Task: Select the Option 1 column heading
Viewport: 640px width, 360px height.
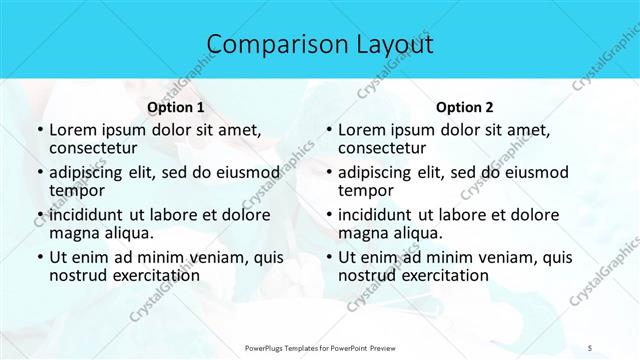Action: pos(176,107)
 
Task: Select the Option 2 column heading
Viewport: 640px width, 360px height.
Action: pos(465,107)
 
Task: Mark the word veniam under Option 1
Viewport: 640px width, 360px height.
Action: pos(209,257)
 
